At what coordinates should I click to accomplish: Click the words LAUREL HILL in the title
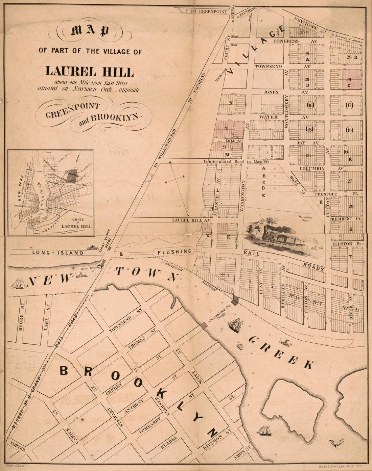point(90,71)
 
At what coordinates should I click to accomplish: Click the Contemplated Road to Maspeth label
point(236,162)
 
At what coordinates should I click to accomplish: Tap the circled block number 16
point(310,105)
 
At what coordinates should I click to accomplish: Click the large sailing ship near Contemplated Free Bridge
point(236,324)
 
